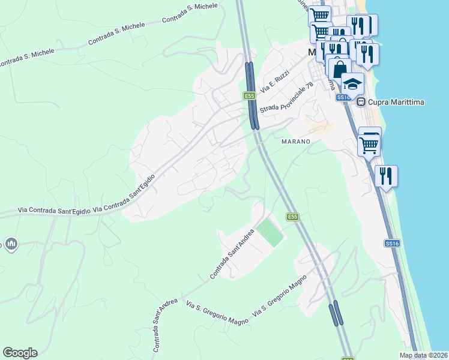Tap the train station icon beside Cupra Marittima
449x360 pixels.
click(362, 102)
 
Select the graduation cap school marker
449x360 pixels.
click(353, 83)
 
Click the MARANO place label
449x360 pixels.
click(296, 142)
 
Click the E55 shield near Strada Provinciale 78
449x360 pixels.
click(250, 95)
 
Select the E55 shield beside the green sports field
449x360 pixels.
click(292, 217)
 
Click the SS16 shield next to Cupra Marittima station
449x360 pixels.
click(343, 97)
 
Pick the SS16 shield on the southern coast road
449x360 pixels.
click(391, 243)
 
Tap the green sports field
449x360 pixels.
click(270, 232)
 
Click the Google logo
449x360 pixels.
click(20, 353)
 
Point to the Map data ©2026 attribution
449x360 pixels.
click(424, 355)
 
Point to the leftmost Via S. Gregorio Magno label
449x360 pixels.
click(217, 313)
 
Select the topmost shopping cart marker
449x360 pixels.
click(321, 16)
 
